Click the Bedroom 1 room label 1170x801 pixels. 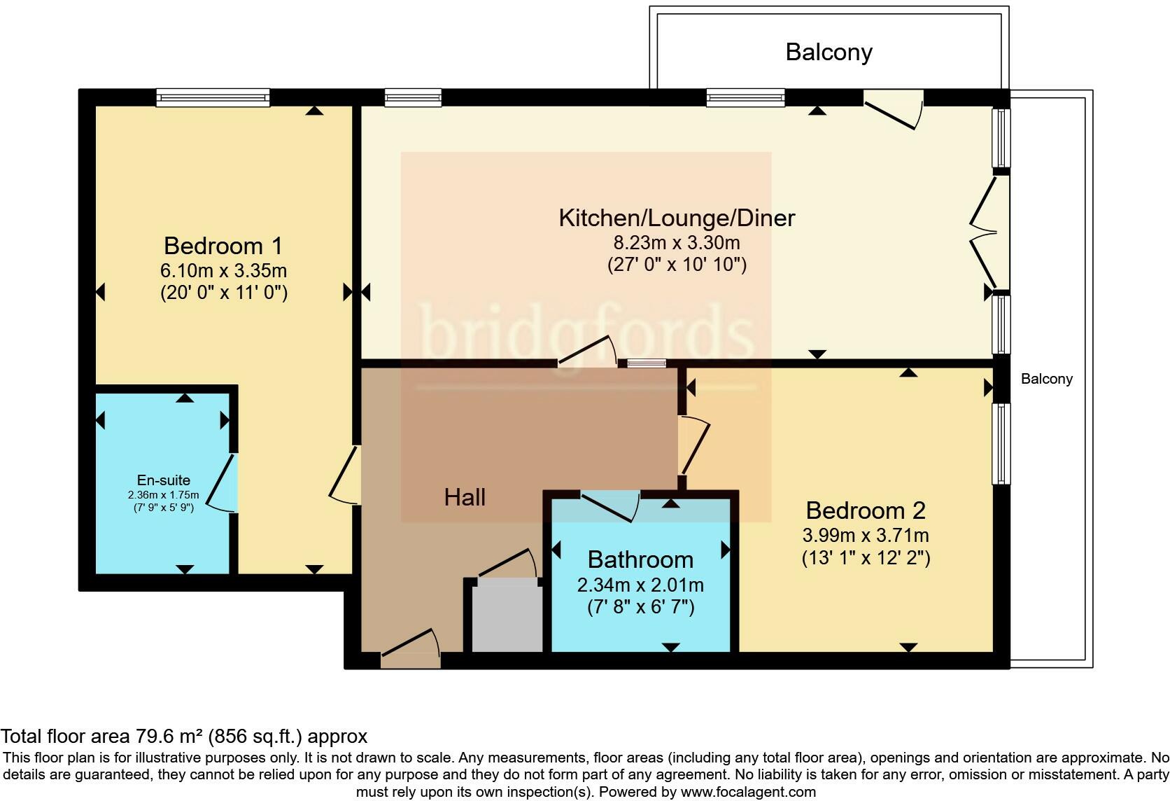click(223, 246)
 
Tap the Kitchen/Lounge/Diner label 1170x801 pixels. click(676, 218)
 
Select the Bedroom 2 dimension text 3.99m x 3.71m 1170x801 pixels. click(865, 536)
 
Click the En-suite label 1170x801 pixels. click(163, 480)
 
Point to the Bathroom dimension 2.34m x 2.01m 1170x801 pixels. click(640, 585)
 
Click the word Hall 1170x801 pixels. click(465, 497)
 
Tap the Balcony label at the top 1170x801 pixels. click(829, 53)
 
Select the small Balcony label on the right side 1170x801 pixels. click(1046, 379)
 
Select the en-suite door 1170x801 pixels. click(223, 482)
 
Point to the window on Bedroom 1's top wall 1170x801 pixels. click(213, 97)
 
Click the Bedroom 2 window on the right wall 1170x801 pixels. click(1001, 443)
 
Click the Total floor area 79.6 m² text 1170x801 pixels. click(183, 736)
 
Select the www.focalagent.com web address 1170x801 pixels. click(747, 792)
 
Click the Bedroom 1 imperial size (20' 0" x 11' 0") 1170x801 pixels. click(223, 292)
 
